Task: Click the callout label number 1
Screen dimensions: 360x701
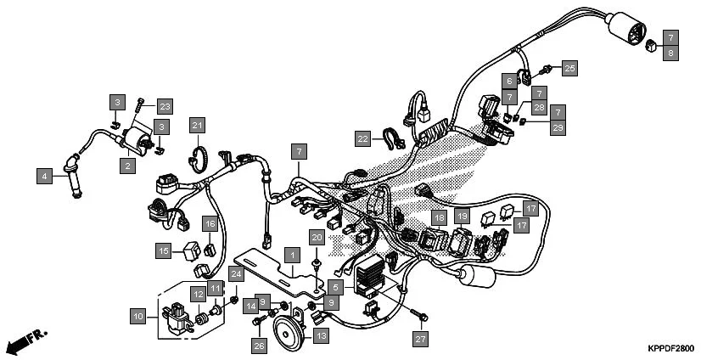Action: [x=291, y=255]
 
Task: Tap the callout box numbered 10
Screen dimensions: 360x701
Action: [x=137, y=317]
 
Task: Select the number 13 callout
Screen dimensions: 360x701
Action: [x=321, y=336]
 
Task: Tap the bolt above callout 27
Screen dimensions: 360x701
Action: [x=418, y=316]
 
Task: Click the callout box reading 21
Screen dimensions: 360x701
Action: [x=197, y=126]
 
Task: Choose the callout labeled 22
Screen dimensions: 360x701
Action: [x=363, y=138]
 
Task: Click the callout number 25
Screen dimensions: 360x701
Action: [x=569, y=67]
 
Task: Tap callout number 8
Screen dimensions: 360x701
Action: [x=670, y=53]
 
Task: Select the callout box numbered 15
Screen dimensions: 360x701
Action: [x=163, y=250]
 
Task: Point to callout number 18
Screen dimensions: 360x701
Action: [x=439, y=218]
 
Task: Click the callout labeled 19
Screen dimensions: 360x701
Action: [x=463, y=218]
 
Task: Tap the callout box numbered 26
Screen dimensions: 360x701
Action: [x=259, y=345]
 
